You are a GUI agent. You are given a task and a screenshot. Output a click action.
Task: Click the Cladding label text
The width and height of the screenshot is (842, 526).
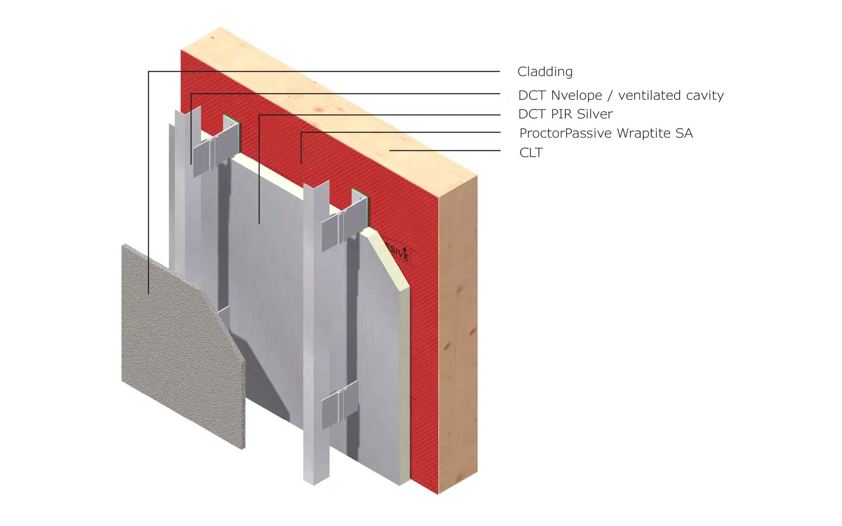545,72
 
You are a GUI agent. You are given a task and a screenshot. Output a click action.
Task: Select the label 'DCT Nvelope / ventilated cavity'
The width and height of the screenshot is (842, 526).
621,95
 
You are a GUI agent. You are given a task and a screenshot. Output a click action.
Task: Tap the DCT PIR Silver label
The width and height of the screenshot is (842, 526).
565,114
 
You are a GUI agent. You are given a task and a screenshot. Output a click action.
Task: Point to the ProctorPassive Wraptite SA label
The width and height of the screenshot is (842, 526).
606,133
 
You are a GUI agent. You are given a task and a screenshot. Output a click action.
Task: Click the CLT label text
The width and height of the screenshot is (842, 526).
531,152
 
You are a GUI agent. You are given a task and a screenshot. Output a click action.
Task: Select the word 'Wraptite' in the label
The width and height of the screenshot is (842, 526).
644,133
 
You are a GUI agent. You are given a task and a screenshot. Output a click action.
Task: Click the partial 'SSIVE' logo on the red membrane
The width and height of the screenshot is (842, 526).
398,252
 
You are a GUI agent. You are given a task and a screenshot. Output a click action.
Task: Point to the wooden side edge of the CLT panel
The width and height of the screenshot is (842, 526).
458,334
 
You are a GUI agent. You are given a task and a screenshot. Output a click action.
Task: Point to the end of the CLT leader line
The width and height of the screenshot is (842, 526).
390,151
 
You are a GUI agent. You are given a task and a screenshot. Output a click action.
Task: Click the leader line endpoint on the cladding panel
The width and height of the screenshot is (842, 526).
149,294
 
